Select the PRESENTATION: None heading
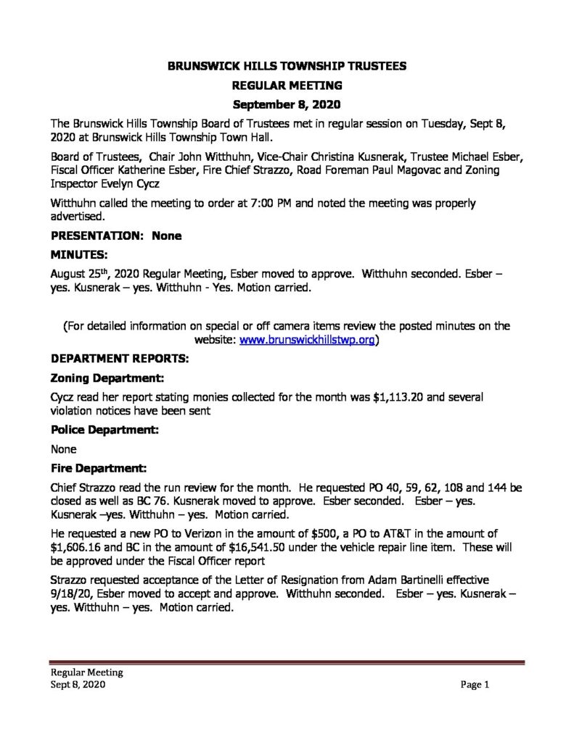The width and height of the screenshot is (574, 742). (x=116, y=235)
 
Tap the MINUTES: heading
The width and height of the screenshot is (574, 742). (x=79, y=255)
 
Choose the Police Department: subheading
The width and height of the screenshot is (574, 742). (x=104, y=430)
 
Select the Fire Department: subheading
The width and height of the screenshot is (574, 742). (x=99, y=467)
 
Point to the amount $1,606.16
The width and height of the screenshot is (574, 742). (x=78, y=552)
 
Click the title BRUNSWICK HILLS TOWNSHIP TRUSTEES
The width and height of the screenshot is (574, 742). (x=287, y=66)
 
